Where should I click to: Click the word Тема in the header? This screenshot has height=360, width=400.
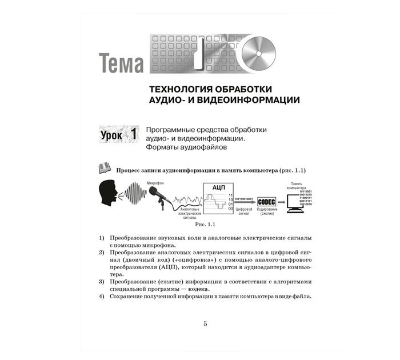(121, 63)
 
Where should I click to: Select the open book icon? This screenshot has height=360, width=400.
(104, 168)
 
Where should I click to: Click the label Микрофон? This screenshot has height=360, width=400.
(155, 183)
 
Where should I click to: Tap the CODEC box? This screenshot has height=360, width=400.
(267, 202)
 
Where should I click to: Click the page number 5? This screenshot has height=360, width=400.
(205, 324)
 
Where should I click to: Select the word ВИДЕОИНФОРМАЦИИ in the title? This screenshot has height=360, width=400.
(247, 100)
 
